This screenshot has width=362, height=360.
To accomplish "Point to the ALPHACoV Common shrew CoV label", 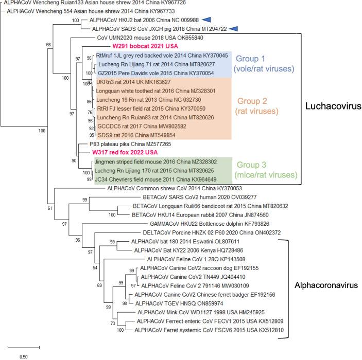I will [x=170, y=189].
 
